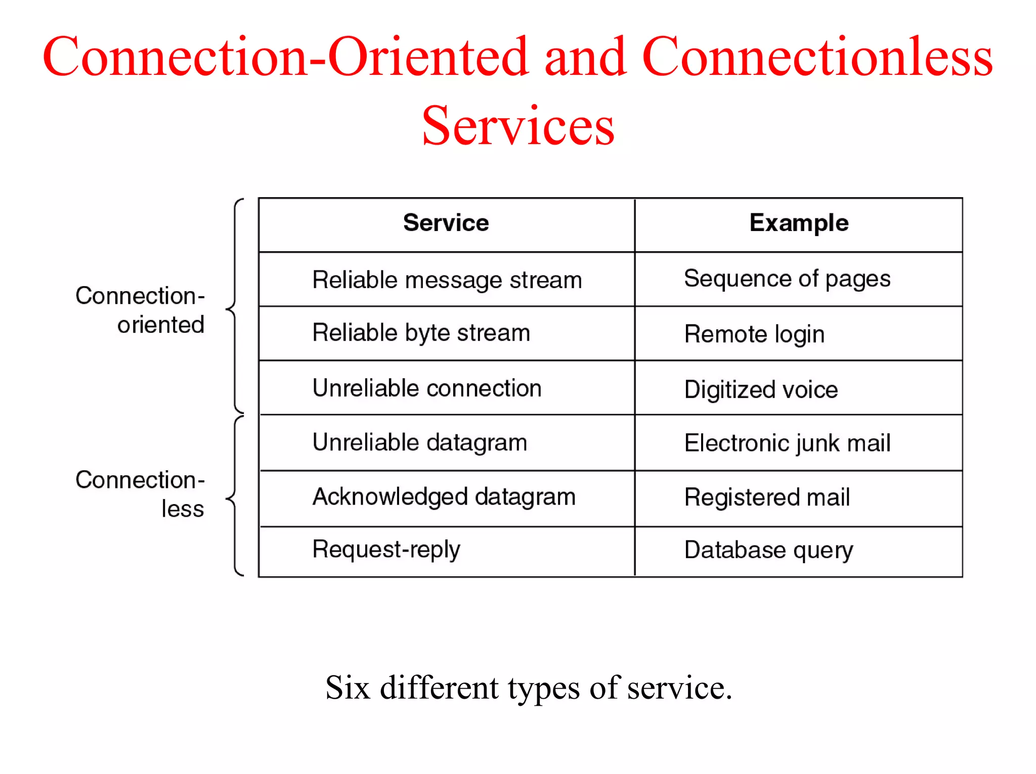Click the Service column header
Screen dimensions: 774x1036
(446, 223)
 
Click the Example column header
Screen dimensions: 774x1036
(799, 223)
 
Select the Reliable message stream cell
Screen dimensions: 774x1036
(447, 280)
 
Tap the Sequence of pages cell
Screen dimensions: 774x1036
(787, 279)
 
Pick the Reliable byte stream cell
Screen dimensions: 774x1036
(421, 333)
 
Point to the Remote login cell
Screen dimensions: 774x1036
(754, 334)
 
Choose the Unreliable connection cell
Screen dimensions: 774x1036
(427, 388)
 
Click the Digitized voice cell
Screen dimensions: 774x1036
(761, 390)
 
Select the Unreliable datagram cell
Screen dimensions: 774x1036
(420, 443)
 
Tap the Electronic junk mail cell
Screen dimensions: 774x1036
(787, 443)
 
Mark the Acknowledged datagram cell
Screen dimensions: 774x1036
(444, 497)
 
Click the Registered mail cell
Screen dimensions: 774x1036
(767, 497)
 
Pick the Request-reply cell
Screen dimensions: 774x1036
(386, 550)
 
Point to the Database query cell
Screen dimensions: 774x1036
(768, 550)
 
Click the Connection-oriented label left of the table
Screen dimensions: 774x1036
(140, 310)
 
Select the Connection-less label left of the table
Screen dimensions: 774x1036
(140, 494)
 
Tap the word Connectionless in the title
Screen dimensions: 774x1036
(817, 57)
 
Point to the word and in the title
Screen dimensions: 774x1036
(585, 57)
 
